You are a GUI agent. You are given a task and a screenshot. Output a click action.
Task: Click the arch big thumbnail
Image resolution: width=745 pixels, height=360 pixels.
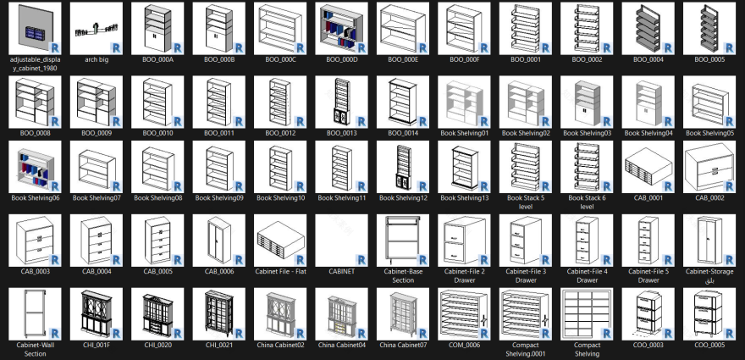tap(96, 29)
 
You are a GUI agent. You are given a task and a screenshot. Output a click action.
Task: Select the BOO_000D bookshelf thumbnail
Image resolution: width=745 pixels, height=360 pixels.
tap(341, 29)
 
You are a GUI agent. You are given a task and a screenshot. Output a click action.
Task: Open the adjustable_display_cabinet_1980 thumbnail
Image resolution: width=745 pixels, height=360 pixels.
tap(34, 29)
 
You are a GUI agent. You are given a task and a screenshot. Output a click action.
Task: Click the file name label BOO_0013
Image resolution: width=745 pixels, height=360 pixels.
tap(341, 133)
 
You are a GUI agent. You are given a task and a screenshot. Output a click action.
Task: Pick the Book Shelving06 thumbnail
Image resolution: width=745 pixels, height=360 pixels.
tap(34, 167)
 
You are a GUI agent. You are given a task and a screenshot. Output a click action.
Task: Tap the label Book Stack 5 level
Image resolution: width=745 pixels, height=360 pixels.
tap(526, 202)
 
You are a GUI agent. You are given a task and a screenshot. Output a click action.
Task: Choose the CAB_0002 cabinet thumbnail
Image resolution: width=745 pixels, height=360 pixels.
tap(709, 167)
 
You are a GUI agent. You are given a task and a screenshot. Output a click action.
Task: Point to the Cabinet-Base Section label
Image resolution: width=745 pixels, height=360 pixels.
tap(403, 275)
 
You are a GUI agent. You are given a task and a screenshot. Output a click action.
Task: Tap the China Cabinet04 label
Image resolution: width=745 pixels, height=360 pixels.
tap(341, 345)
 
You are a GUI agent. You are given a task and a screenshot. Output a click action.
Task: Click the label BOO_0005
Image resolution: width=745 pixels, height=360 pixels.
tap(709, 59)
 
